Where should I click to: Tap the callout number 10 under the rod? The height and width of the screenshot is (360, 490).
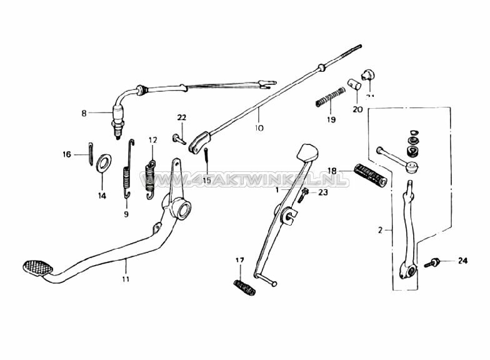coord(259,128)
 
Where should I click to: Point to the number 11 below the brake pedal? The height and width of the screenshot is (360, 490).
coord(126,278)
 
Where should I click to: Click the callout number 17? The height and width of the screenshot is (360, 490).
coord(239,260)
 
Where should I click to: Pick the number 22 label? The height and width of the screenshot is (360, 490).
coord(181,117)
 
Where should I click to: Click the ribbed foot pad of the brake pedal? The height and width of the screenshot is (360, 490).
coord(37,268)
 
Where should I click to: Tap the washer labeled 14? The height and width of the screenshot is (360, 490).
coord(104,163)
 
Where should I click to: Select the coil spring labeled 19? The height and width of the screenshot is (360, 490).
coord(331,96)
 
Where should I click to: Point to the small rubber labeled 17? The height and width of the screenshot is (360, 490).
coord(244,288)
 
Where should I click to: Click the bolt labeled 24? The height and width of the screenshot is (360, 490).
coord(432,262)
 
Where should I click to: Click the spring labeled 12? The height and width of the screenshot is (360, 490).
coord(150,176)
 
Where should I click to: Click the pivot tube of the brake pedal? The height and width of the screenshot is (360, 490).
coord(181,208)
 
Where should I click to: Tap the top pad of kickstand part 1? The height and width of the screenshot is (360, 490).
coord(307,152)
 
